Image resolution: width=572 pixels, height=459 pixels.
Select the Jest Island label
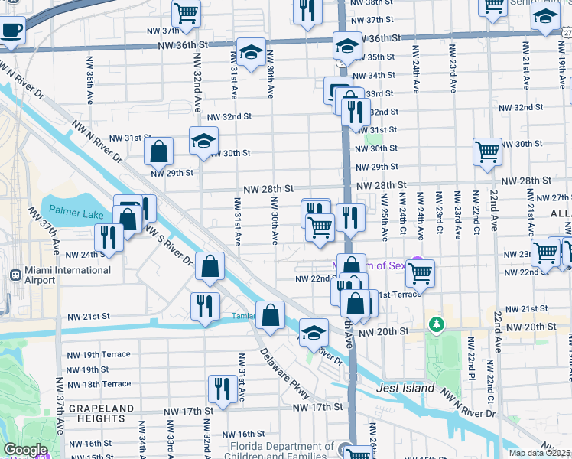(x=405, y=388)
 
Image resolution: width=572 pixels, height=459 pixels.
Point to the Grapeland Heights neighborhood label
(x=96, y=413)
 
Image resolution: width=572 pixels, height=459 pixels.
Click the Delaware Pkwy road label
(x=284, y=375)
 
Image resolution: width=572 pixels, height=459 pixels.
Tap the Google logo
(x=26, y=450)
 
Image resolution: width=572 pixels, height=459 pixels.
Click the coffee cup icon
(x=11, y=31)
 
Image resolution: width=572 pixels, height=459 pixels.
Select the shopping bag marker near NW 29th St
(x=159, y=151)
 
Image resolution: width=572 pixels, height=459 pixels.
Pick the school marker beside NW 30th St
(x=203, y=141)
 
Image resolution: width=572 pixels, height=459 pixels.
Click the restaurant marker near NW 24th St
(x=109, y=238)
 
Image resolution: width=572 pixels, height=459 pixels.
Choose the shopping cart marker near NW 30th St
(x=487, y=151)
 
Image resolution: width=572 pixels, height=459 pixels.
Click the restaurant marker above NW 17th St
(x=222, y=388)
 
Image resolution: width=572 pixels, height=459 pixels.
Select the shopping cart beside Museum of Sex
(x=420, y=272)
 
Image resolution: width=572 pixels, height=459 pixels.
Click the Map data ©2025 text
(x=540, y=453)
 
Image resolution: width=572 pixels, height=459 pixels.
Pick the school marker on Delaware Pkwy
(x=313, y=331)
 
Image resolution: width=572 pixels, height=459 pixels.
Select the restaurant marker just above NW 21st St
(x=205, y=306)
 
